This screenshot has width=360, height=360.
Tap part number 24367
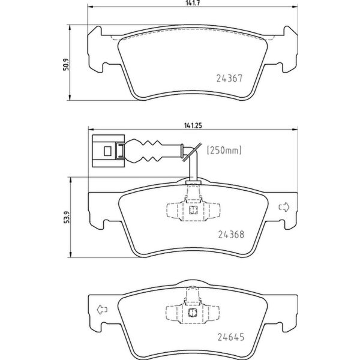click(x=229, y=77)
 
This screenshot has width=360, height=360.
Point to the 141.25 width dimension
click(x=192, y=125)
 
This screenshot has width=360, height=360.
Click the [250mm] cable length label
click(x=224, y=151)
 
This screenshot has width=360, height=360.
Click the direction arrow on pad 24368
click(x=284, y=208)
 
